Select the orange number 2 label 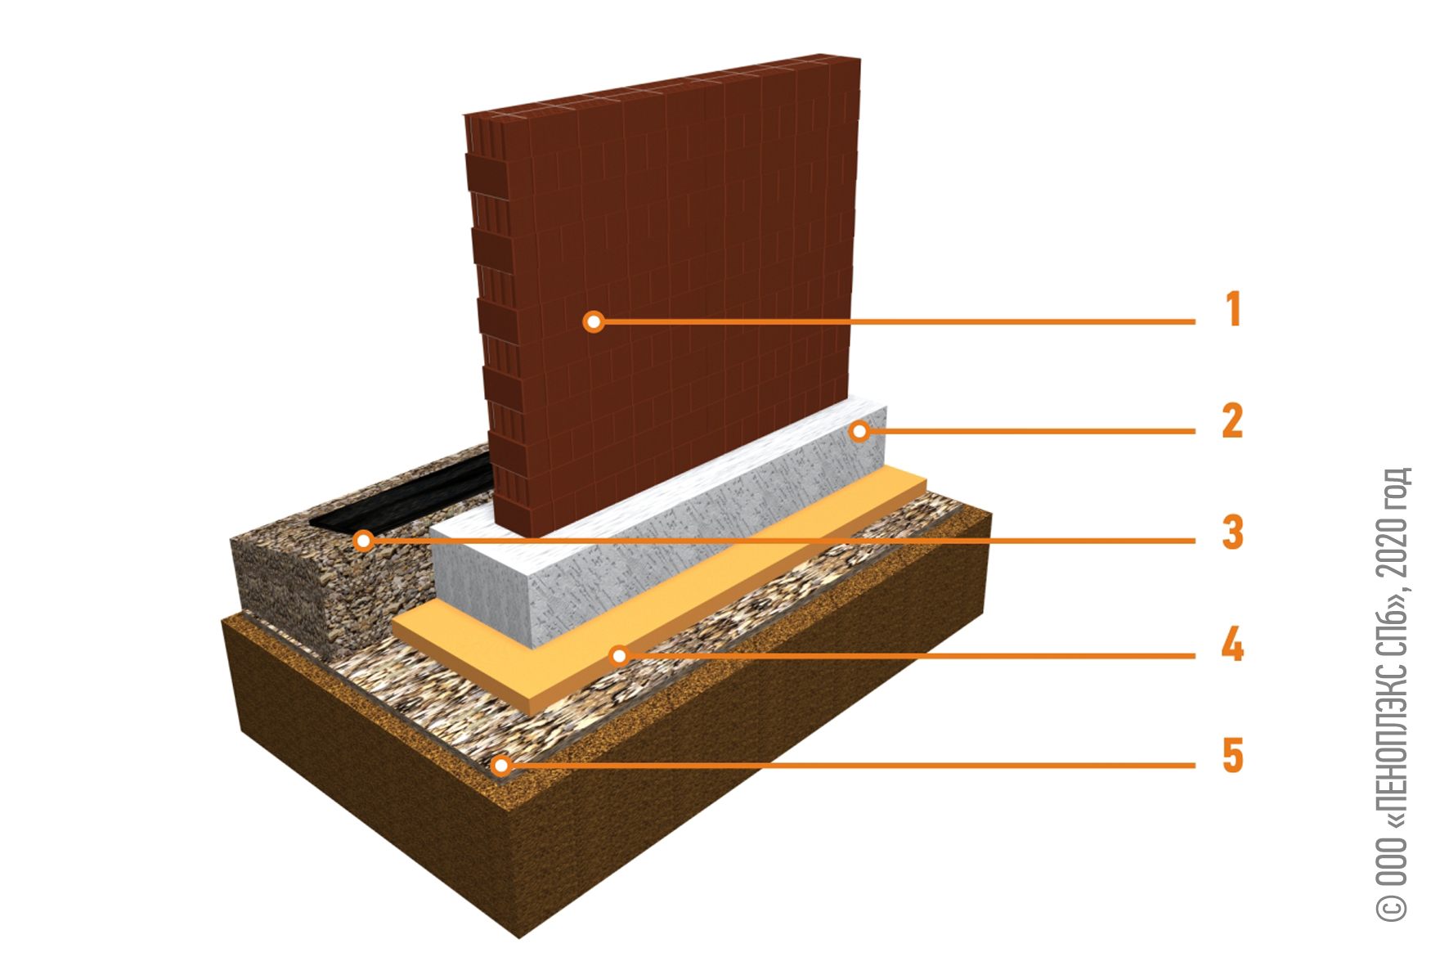coord(1232,420)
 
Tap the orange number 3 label coord(1232,532)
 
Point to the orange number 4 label coord(1232,644)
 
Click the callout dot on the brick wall coord(594,321)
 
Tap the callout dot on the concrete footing coord(859,431)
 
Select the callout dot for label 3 coord(364,541)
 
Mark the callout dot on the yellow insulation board coord(620,655)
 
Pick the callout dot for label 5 coord(501,766)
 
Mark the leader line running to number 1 coord(895,321)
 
